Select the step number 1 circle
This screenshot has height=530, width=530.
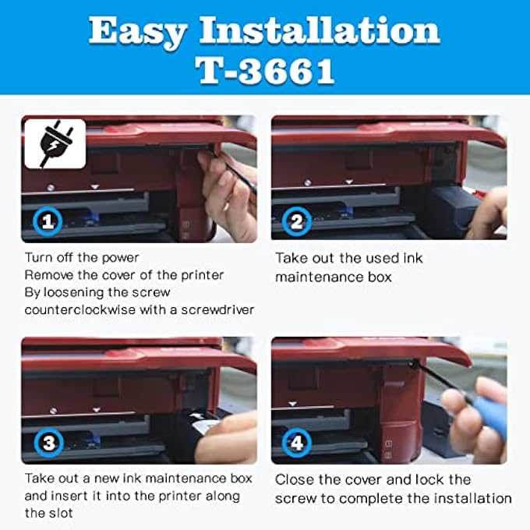(x=49, y=221)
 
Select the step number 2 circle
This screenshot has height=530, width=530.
(x=297, y=221)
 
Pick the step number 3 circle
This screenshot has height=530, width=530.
(x=49, y=444)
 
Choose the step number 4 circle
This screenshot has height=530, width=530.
(x=297, y=444)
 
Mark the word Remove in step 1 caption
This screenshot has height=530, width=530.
(x=48, y=274)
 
